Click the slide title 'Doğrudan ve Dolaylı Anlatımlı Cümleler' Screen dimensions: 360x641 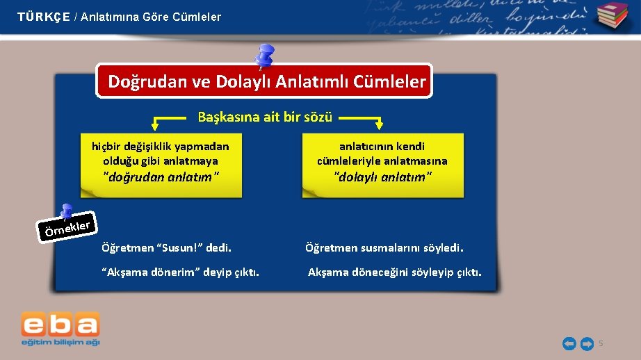coord(266,82)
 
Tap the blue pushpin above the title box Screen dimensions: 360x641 coord(265,56)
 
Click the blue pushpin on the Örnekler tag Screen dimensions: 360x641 coord(66,211)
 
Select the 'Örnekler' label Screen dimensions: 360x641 coord(67,228)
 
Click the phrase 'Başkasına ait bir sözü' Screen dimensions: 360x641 coord(265,117)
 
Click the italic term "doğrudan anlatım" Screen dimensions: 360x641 coord(161,177)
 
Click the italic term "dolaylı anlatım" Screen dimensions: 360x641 coord(382,177)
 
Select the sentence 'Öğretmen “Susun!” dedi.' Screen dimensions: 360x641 coord(166,247)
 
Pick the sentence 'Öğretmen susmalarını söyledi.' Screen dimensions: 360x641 coord(384,247)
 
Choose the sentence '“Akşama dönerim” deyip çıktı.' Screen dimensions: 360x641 coord(180,272)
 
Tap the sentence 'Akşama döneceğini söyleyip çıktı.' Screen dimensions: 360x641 coord(394,272)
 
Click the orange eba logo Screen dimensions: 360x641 coord(60,325)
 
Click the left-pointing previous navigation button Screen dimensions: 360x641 coord(569,343)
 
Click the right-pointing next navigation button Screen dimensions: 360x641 coord(586,343)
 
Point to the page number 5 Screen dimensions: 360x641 coord(601,343)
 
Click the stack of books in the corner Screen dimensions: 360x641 coord(612,16)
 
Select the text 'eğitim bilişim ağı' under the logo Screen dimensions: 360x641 coord(60,342)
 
